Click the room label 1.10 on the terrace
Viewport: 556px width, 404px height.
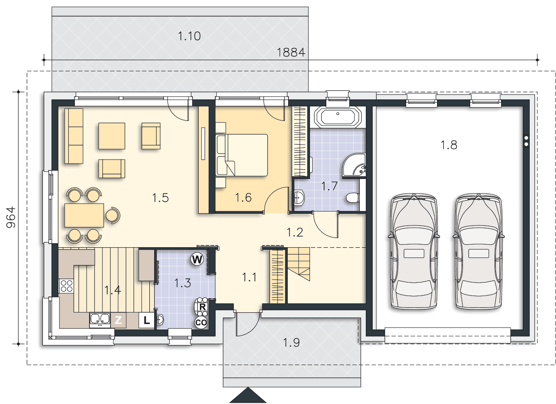189,36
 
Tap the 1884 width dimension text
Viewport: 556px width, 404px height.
291,53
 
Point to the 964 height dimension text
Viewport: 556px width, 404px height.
11,217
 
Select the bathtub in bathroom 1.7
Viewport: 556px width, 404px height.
337,117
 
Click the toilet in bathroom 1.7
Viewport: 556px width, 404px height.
352,198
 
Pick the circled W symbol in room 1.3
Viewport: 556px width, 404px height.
197,259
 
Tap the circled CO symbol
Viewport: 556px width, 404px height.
201,322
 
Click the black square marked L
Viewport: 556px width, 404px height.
146,320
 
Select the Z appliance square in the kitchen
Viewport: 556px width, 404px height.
118,320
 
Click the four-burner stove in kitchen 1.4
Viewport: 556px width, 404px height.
66,286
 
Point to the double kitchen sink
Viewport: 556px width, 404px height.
100,320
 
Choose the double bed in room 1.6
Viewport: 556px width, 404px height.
242,155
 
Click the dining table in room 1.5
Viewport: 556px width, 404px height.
84,215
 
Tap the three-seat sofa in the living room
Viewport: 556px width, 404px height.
74,136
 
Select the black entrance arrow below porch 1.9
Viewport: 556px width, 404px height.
248,395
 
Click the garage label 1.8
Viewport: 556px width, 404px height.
449,145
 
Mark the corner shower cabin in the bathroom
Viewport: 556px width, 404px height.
354,166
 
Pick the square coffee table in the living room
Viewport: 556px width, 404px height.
112,136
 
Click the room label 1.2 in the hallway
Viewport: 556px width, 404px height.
295,232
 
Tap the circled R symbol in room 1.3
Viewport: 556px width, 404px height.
202,307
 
